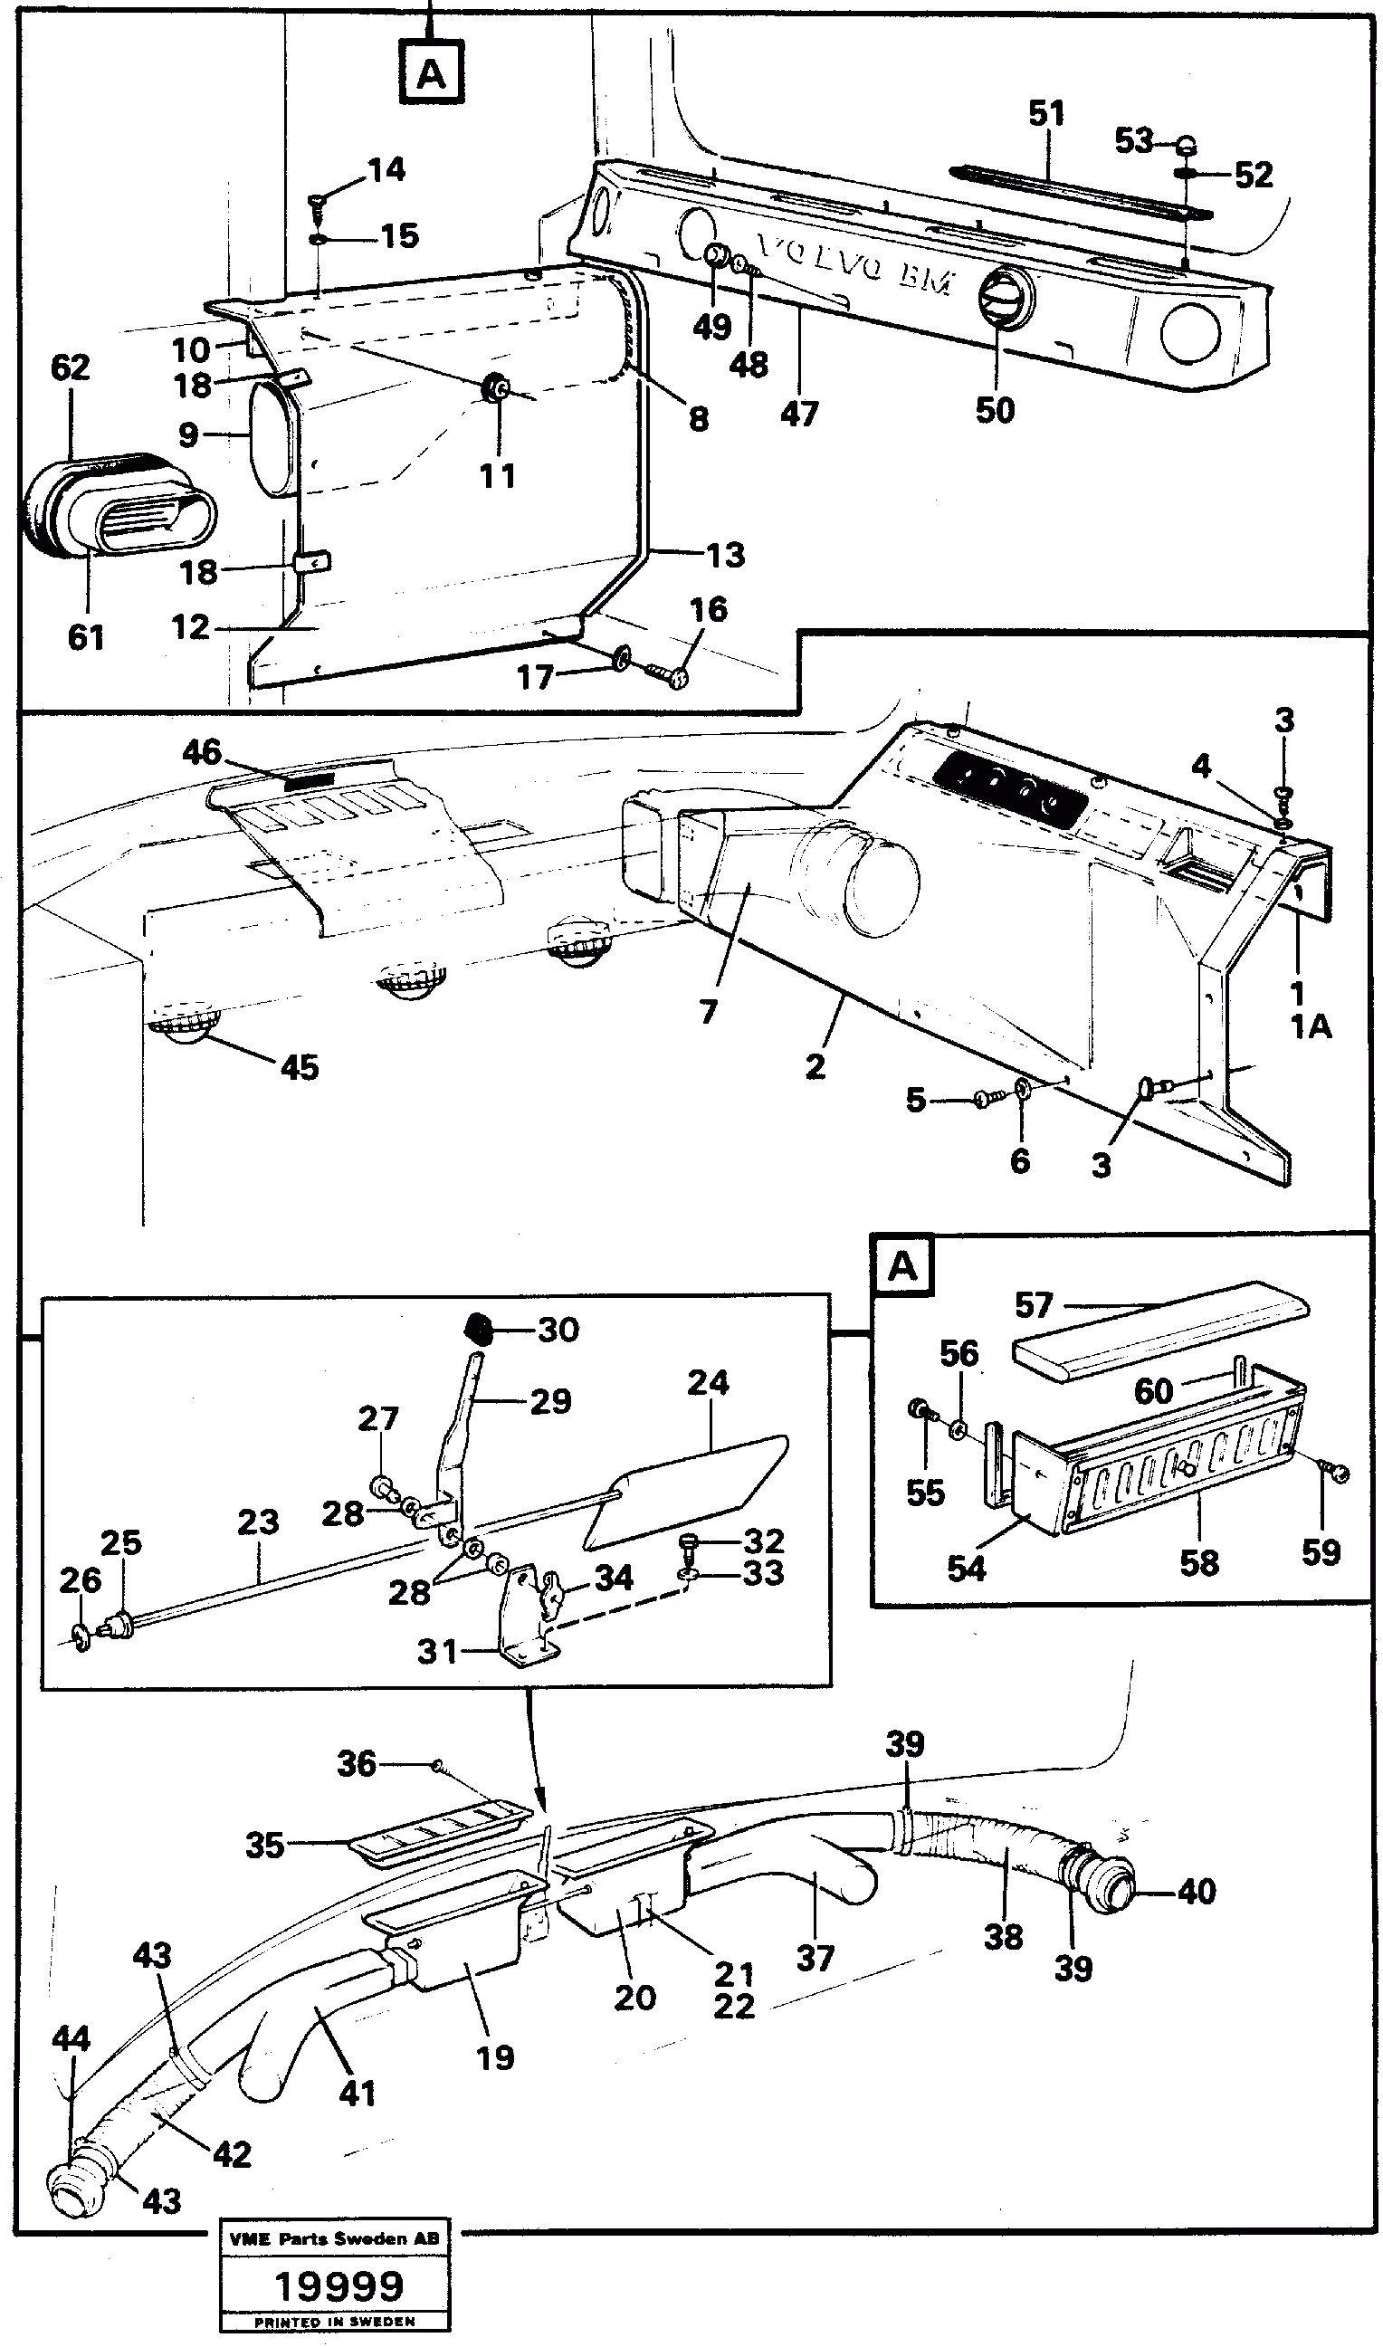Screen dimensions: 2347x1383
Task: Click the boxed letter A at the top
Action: (432, 72)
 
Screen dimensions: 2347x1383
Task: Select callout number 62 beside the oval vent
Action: (70, 367)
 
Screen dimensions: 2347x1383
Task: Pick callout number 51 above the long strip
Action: (1045, 114)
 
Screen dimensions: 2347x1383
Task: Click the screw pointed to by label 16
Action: (672, 676)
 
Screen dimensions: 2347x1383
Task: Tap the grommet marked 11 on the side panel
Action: (498, 387)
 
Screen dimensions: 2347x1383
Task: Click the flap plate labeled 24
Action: (690, 1482)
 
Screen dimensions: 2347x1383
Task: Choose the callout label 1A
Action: (1311, 1026)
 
